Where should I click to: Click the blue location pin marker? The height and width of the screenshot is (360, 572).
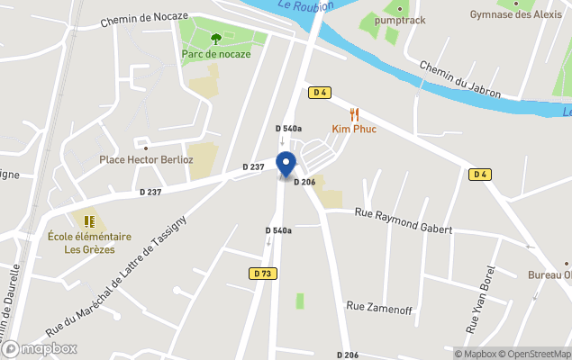coord(286,165)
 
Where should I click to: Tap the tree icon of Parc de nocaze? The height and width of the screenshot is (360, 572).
coord(216,39)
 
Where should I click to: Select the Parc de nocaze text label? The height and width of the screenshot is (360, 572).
coord(216,54)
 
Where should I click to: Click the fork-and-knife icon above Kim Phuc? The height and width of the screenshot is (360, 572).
coord(354,114)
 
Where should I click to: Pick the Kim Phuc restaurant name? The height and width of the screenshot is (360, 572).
coord(354,130)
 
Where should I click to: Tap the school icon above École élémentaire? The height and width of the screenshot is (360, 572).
coord(89,221)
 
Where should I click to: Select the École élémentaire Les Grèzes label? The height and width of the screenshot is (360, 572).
coord(89,243)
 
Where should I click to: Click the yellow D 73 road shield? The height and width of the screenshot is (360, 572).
coord(261,274)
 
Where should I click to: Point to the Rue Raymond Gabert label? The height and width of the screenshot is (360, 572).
coord(403,220)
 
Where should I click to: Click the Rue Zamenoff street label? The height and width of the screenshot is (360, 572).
coord(378,309)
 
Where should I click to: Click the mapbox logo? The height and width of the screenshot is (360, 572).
coord(40,348)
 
